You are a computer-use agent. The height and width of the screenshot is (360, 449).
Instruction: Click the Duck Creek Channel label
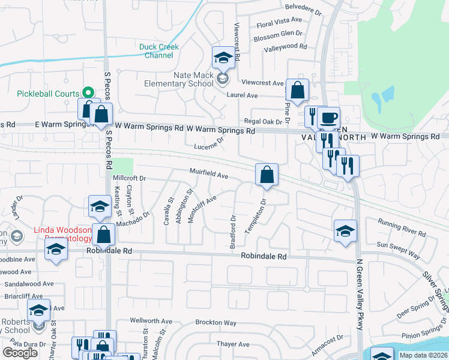pos(156,51)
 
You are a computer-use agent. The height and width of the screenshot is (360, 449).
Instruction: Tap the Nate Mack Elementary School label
pos(181,79)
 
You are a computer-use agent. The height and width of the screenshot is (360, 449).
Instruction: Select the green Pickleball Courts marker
pos(88,93)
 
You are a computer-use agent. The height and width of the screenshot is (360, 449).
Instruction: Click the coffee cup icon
pos(328,118)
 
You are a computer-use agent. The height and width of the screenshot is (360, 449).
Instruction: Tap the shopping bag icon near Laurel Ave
pos(297,91)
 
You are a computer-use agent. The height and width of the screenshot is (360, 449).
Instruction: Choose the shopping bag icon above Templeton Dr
pos(267,175)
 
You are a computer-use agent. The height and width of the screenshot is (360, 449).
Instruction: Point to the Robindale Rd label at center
pos(264,256)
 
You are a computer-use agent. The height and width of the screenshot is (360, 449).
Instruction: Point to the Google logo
pos(20,353)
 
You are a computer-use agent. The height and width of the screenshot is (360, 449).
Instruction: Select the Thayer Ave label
pos(233,344)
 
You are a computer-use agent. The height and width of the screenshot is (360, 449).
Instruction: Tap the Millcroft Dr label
pos(130,178)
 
